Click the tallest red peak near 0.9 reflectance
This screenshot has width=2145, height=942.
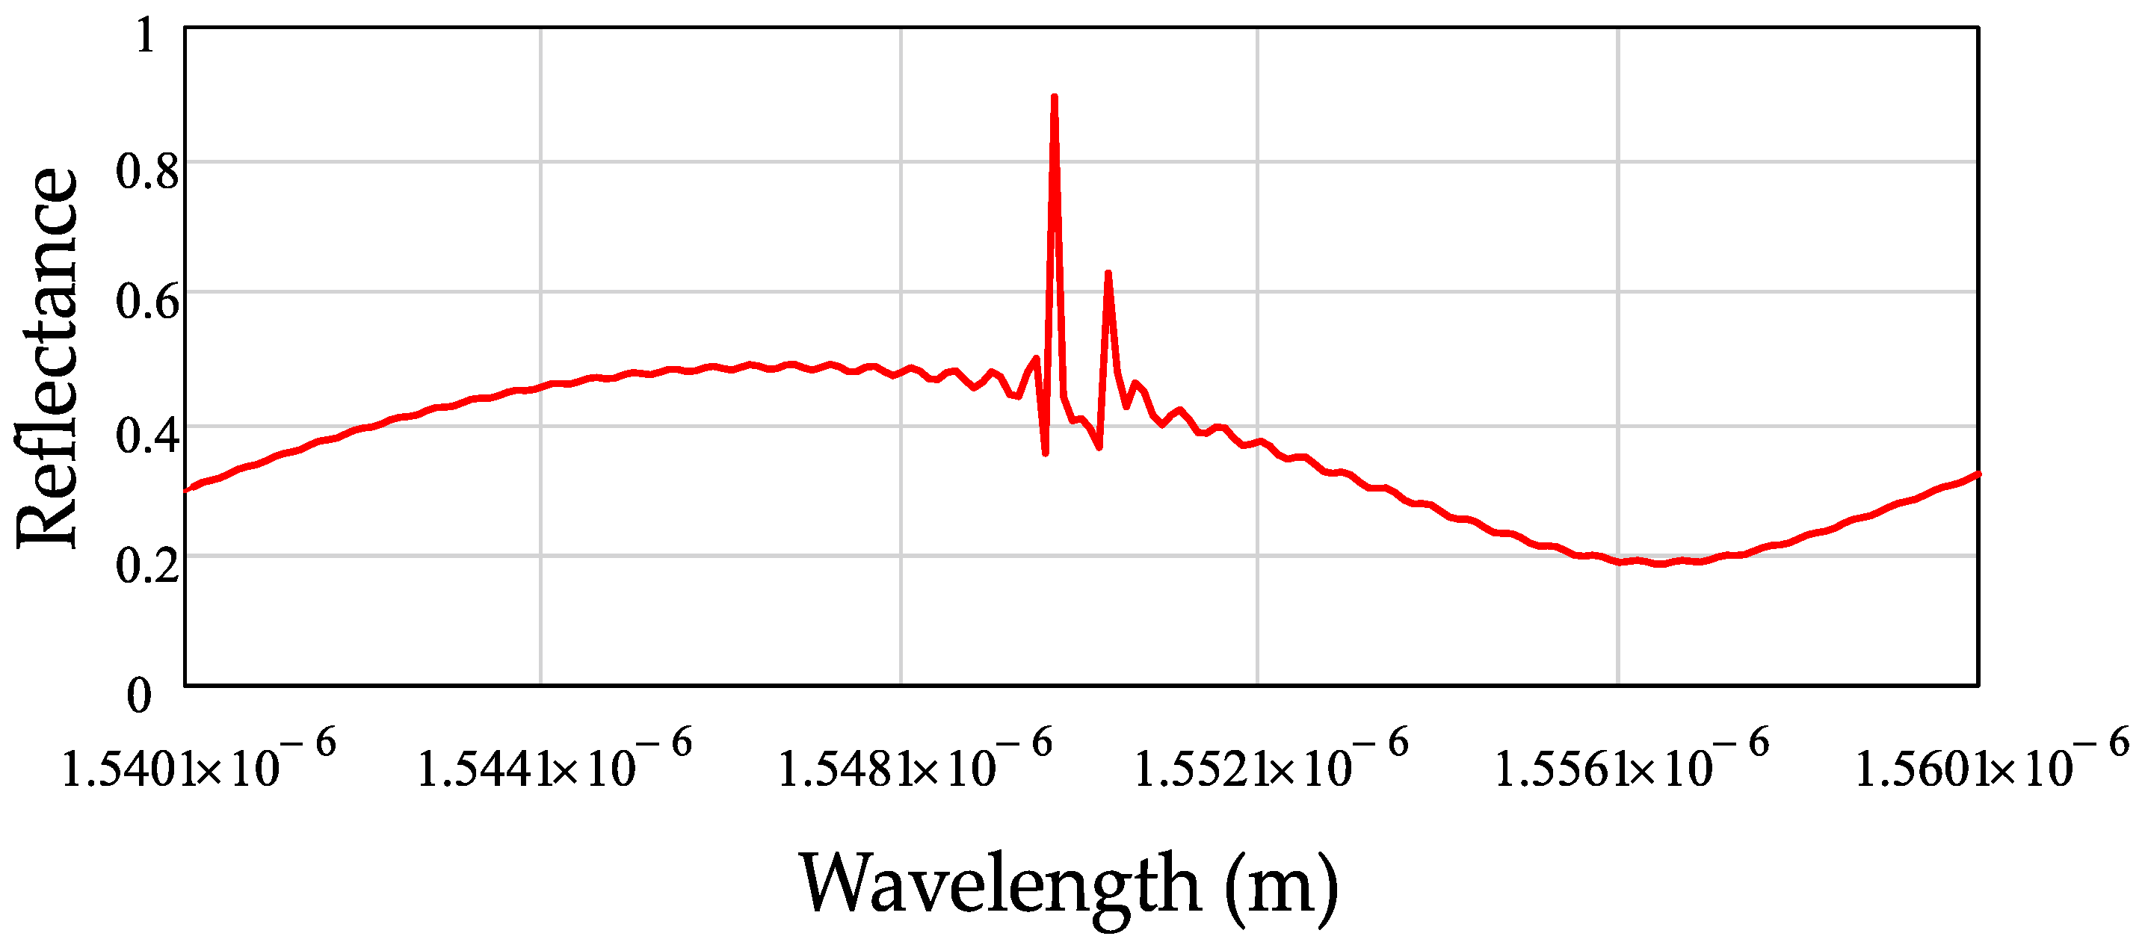(x=1054, y=98)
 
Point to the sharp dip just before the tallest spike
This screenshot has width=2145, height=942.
(x=1045, y=453)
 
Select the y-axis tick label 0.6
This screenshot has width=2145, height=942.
(x=146, y=301)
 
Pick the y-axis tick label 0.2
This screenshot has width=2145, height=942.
(x=146, y=565)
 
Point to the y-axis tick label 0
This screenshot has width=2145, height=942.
(x=139, y=695)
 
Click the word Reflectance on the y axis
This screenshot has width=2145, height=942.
(x=48, y=358)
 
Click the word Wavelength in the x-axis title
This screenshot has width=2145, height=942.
(x=1000, y=884)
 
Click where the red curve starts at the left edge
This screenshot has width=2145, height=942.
(x=187, y=490)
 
